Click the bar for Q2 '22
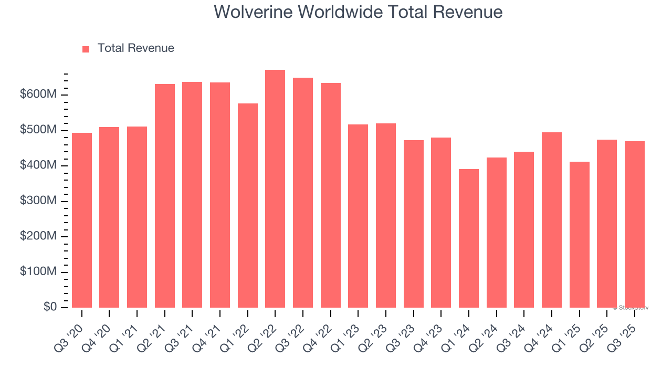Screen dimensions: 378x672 coord(275,189)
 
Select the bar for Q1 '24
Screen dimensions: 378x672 coord(468,238)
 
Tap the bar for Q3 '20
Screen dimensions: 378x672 coord(82,220)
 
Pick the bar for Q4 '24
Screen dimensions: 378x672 coord(551,220)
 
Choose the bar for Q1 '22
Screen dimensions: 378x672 coord(247,206)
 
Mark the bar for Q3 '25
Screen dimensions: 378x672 coord(634,225)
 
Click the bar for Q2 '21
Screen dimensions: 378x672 coord(165,196)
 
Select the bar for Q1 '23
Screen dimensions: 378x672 coord(358,216)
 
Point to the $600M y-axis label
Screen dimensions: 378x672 coord(38,94)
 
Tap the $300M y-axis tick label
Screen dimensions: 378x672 coord(38,201)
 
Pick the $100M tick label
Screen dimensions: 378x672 coord(38,272)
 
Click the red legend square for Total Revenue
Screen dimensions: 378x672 coord(86,49)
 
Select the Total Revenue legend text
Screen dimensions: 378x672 coord(135,48)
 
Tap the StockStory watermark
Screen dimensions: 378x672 coord(630,308)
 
